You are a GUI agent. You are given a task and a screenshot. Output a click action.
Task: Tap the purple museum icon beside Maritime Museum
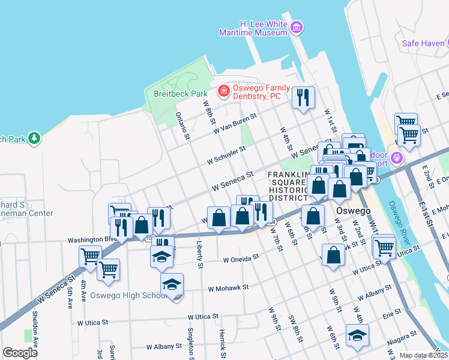[x=296, y=28]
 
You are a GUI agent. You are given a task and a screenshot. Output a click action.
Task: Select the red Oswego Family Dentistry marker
[x=223, y=91]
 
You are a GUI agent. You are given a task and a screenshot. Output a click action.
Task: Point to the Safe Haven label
[x=423, y=43]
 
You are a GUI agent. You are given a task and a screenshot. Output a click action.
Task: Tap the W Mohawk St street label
[x=228, y=288]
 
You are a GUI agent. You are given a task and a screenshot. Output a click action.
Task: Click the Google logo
[x=20, y=353]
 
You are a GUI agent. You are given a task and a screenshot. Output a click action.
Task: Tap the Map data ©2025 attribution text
[x=423, y=355]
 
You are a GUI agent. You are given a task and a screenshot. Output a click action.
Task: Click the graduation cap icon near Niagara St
[x=357, y=336]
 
